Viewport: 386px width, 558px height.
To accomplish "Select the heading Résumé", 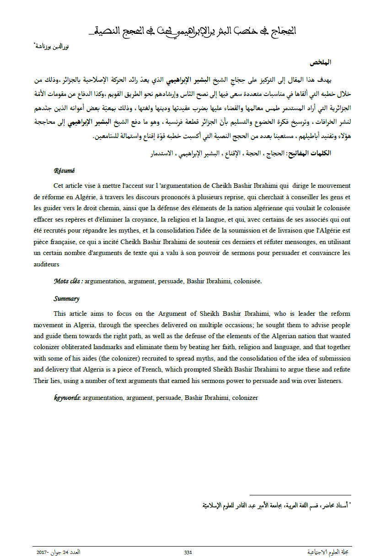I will pos(64,171).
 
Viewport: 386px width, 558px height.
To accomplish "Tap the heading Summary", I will pos(66,298).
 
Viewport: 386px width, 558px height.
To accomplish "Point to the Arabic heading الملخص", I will pos(321,62).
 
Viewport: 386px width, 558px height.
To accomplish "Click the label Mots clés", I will pos(68,281).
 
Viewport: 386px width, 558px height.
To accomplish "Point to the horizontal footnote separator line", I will pos(300,495).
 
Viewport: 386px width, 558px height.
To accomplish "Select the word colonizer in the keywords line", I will pos(245,398).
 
